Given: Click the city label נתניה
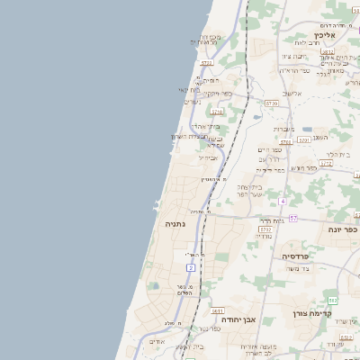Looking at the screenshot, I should tap(175, 222).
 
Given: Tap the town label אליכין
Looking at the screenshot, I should tap(326, 37).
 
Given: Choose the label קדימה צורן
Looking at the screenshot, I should tap(312, 314).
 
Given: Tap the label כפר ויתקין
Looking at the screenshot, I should tap(217, 93).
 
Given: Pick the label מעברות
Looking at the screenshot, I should tap(283, 129).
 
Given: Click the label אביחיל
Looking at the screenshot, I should tap(208, 157).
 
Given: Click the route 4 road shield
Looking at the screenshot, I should tap(282, 200).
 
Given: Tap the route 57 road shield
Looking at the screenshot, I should tap(292, 219).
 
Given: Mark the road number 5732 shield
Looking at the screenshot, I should tap(265, 229).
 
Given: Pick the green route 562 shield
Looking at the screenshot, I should tap(332, 300).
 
